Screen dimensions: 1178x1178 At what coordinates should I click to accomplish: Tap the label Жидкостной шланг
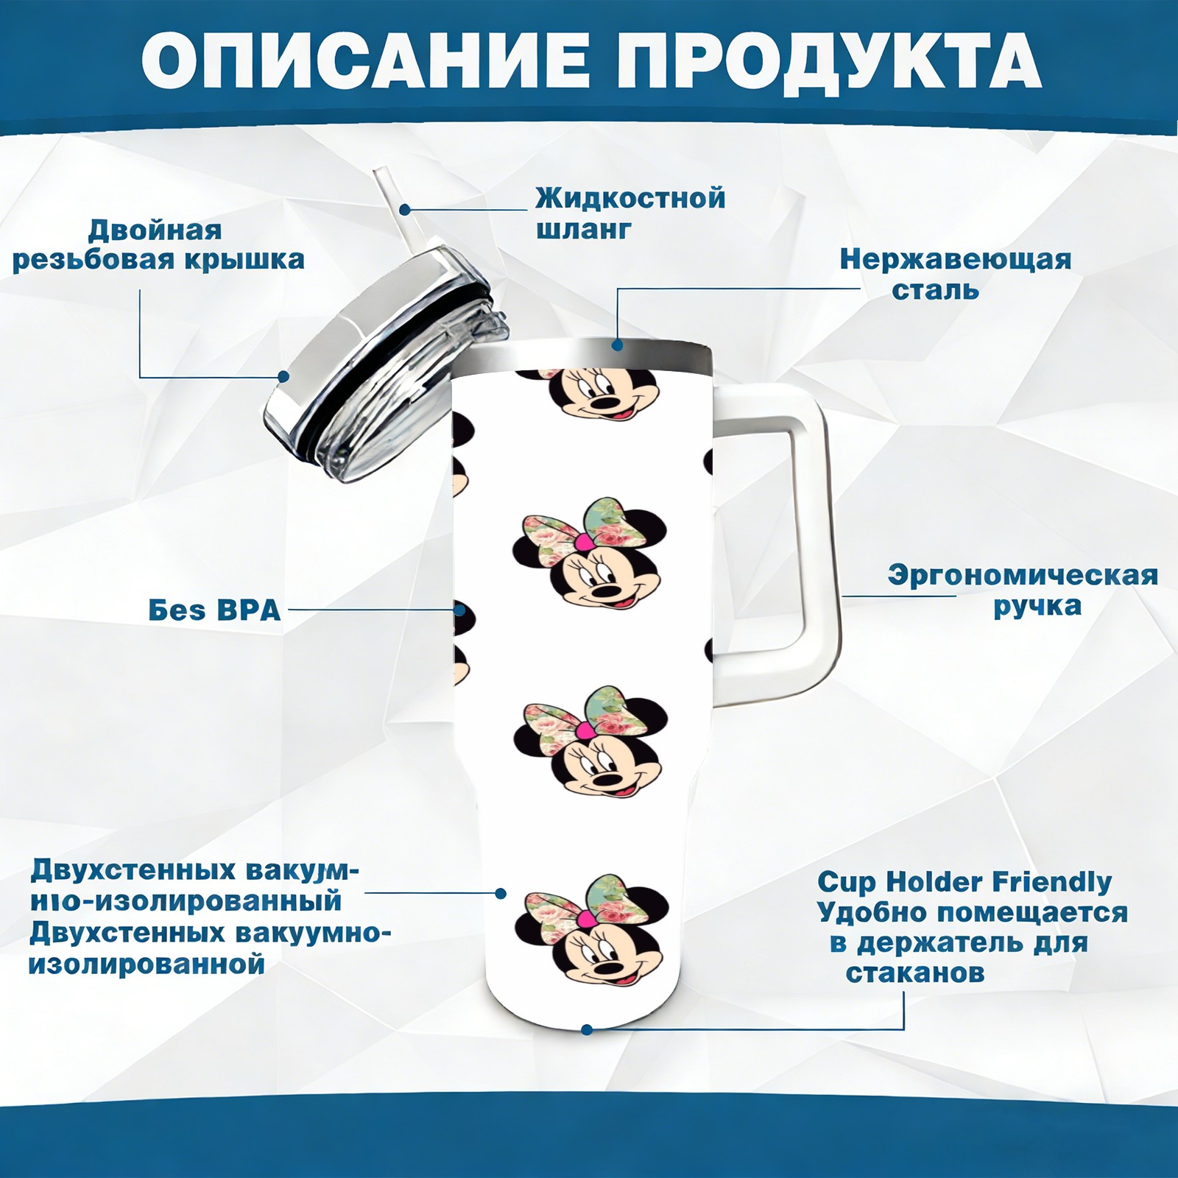630,214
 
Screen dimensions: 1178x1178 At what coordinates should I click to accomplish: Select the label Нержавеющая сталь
956,274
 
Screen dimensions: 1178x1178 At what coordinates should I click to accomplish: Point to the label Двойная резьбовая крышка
158,244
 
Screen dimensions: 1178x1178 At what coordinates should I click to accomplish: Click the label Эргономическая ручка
1023,590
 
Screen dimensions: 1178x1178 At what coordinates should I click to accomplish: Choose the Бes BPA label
214,610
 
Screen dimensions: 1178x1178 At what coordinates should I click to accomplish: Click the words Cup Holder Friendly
964,881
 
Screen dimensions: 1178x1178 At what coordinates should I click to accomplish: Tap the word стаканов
914,973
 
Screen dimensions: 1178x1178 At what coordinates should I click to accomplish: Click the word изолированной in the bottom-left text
147,964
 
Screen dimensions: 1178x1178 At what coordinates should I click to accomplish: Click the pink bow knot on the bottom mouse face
585,918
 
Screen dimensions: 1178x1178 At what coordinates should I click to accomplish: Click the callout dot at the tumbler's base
587,1029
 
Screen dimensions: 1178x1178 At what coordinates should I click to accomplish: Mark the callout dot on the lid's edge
283,376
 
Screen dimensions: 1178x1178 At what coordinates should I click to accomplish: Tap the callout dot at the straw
405,209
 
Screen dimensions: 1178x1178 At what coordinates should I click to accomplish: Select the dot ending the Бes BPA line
459,610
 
